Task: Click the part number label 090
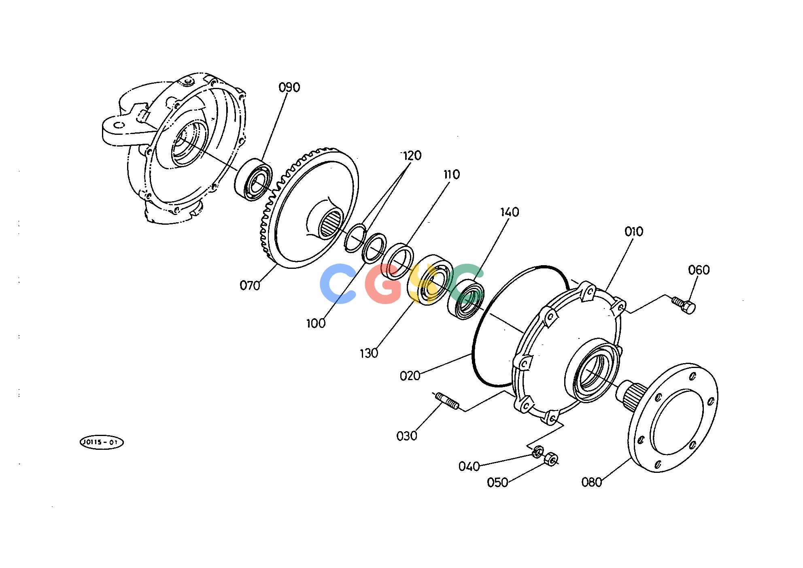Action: (x=289, y=87)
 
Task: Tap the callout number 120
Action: (x=411, y=155)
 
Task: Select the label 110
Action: (x=451, y=174)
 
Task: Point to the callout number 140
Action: (x=510, y=212)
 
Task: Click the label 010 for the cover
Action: (x=633, y=232)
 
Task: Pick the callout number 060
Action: (x=699, y=270)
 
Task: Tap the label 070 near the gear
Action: (x=250, y=286)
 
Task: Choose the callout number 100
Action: (x=316, y=323)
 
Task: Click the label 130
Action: (x=369, y=353)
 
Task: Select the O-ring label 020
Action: (x=410, y=376)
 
